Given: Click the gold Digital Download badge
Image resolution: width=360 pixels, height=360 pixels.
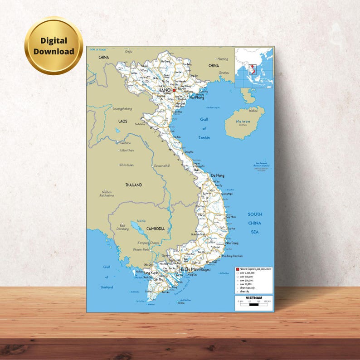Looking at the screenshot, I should [54, 46].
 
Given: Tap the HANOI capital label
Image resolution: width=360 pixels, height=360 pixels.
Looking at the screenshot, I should [165, 90].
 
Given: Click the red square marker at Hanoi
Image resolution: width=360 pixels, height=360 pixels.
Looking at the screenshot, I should [174, 90].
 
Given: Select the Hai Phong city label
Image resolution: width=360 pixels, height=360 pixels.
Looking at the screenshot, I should [197, 97].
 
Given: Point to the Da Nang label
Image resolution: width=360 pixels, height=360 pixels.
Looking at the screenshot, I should [217, 175].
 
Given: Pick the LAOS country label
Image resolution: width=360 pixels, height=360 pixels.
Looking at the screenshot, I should [123, 122].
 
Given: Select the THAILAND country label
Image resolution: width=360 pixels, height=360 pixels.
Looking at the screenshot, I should [133, 185].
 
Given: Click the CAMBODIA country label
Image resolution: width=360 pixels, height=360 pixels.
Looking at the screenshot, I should [155, 229].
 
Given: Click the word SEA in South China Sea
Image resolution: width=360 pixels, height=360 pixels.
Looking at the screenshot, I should [254, 232].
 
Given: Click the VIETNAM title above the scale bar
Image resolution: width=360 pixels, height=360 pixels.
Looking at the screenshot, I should [253, 297].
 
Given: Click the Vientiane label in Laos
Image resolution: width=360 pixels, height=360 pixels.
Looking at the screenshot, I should [125, 143].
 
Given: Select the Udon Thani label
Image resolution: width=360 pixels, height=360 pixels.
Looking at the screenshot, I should [127, 150].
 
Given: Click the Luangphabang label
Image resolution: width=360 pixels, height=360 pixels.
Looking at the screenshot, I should [122, 109].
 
